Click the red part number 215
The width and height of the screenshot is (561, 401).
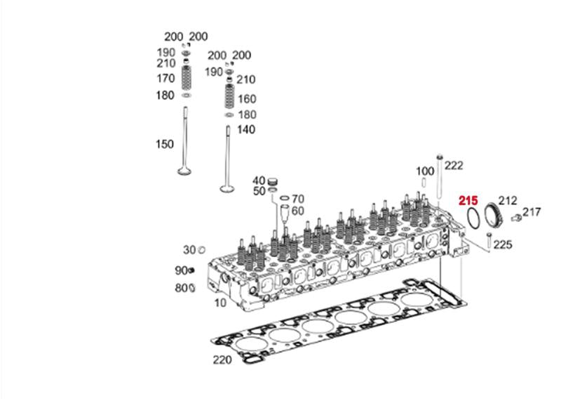tap(468, 201)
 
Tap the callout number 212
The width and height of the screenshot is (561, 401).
tap(508, 201)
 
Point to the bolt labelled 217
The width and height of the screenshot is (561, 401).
tap(516, 218)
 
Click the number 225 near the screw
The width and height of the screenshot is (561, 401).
tap(503, 245)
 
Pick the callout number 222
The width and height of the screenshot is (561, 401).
tap(454, 166)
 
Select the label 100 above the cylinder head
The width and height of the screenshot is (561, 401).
tap(425, 171)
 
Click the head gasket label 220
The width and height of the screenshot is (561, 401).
tap(222, 360)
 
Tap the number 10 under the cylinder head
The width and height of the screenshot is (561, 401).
tap(220, 303)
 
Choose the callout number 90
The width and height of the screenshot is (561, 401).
tap(182, 270)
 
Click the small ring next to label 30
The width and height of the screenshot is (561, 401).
tap(201, 250)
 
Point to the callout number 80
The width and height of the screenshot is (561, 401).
tap(182, 288)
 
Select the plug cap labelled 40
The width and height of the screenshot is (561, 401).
tap(273, 181)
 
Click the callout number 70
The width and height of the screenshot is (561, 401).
tap(297, 199)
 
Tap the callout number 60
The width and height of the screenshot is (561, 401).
tap(297, 211)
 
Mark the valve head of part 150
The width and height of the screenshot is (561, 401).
tap(184, 171)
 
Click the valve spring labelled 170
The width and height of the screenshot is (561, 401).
tap(186, 78)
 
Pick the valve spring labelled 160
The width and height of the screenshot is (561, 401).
tap(229, 96)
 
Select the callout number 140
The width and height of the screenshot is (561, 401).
tap(246, 129)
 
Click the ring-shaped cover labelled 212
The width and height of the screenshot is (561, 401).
tap(494, 215)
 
